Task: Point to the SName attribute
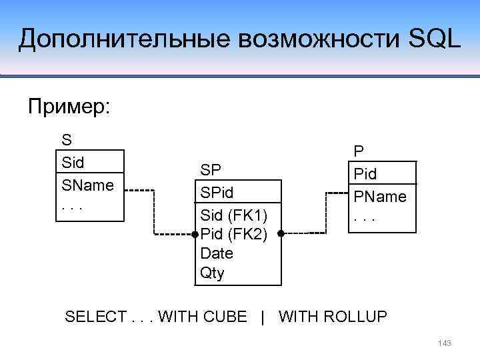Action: coord(87,184)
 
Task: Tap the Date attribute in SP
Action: coord(217,253)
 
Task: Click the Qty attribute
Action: coord(213,273)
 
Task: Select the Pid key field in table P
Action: coord(365,174)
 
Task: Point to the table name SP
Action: coord(211,169)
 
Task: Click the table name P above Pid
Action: coord(359,151)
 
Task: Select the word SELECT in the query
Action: coord(92,317)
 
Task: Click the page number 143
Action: coord(445,343)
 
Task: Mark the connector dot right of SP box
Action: coord(281,234)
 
